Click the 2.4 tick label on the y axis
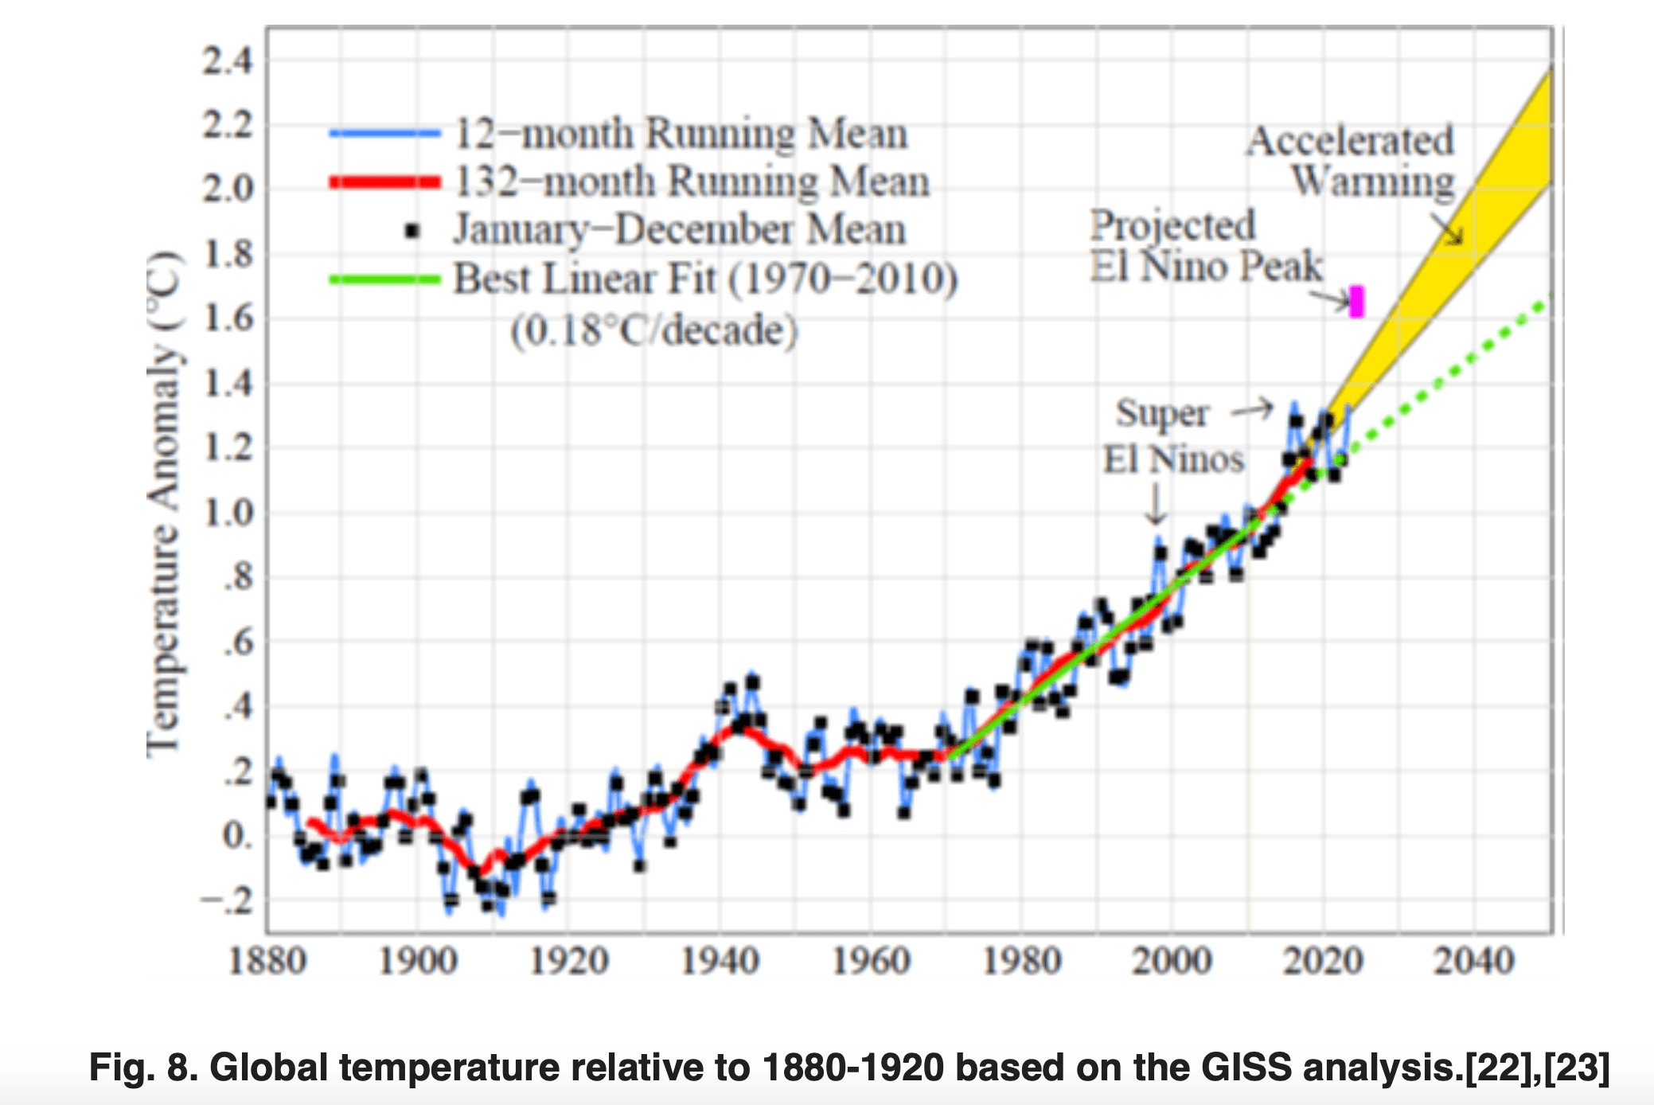[228, 61]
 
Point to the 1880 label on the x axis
[267, 961]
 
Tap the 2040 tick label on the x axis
[1473, 961]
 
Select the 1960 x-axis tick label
[871, 961]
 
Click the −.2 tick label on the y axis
[227, 900]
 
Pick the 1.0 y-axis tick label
[228, 513]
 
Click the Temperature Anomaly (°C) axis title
[164, 503]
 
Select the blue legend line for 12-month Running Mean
[385, 134]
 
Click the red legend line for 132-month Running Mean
[385, 182]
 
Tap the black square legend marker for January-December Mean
[412, 231]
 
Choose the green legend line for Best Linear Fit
[385, 279]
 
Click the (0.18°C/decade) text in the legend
[653, 330]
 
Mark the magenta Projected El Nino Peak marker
[1356, 302]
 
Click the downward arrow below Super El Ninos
[1156, 505]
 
